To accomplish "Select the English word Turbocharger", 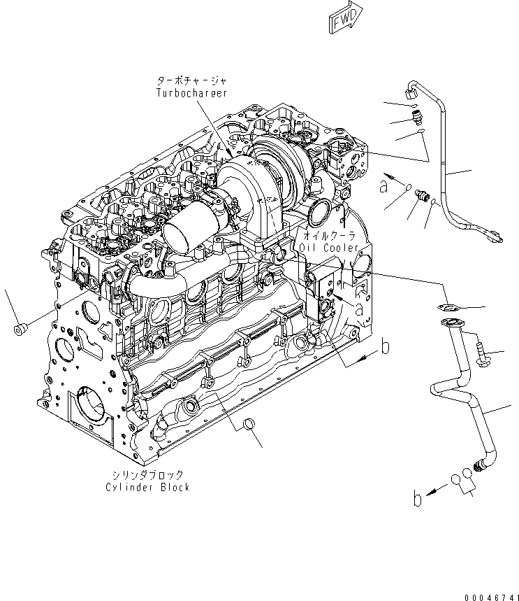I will click(191, 92).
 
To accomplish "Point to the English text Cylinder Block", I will click(147, 487).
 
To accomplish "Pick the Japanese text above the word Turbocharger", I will click(191, 81).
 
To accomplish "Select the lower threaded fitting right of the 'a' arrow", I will click(421, 195).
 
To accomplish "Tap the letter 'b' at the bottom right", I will click(417, 499).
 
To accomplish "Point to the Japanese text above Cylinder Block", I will click(147, 474).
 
